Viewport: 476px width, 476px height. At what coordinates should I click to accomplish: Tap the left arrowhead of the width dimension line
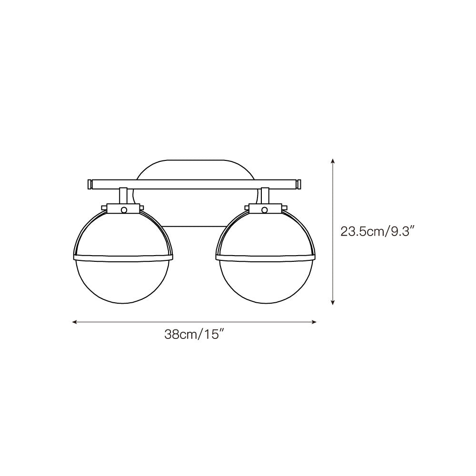click(x=74, y=322)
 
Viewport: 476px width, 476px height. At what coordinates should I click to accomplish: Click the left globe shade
click(x=122, y=281)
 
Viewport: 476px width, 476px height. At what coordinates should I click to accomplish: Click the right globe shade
click(x=265, y=281)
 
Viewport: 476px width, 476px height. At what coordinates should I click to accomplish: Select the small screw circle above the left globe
click(x=123, y=209)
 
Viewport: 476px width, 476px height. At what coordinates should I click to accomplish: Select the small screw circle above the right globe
click(x=265, y=209)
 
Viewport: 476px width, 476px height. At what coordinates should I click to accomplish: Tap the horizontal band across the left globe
click(x=122, y=258)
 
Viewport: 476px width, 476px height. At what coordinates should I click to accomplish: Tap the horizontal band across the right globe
click(x=265, y=258)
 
